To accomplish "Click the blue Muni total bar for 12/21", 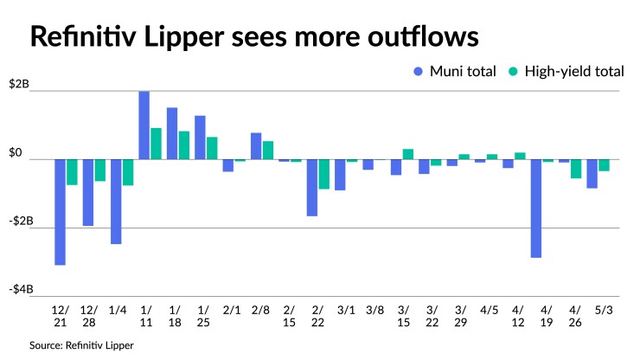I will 60,212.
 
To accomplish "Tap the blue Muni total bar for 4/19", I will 535,209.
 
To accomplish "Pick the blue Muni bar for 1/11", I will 144,125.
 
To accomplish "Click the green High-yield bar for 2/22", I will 323,174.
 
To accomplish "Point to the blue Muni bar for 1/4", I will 116,202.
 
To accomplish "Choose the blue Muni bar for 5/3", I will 592,174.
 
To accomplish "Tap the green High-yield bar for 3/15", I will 406,154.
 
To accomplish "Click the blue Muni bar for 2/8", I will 256,146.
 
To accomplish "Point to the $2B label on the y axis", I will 18,84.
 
